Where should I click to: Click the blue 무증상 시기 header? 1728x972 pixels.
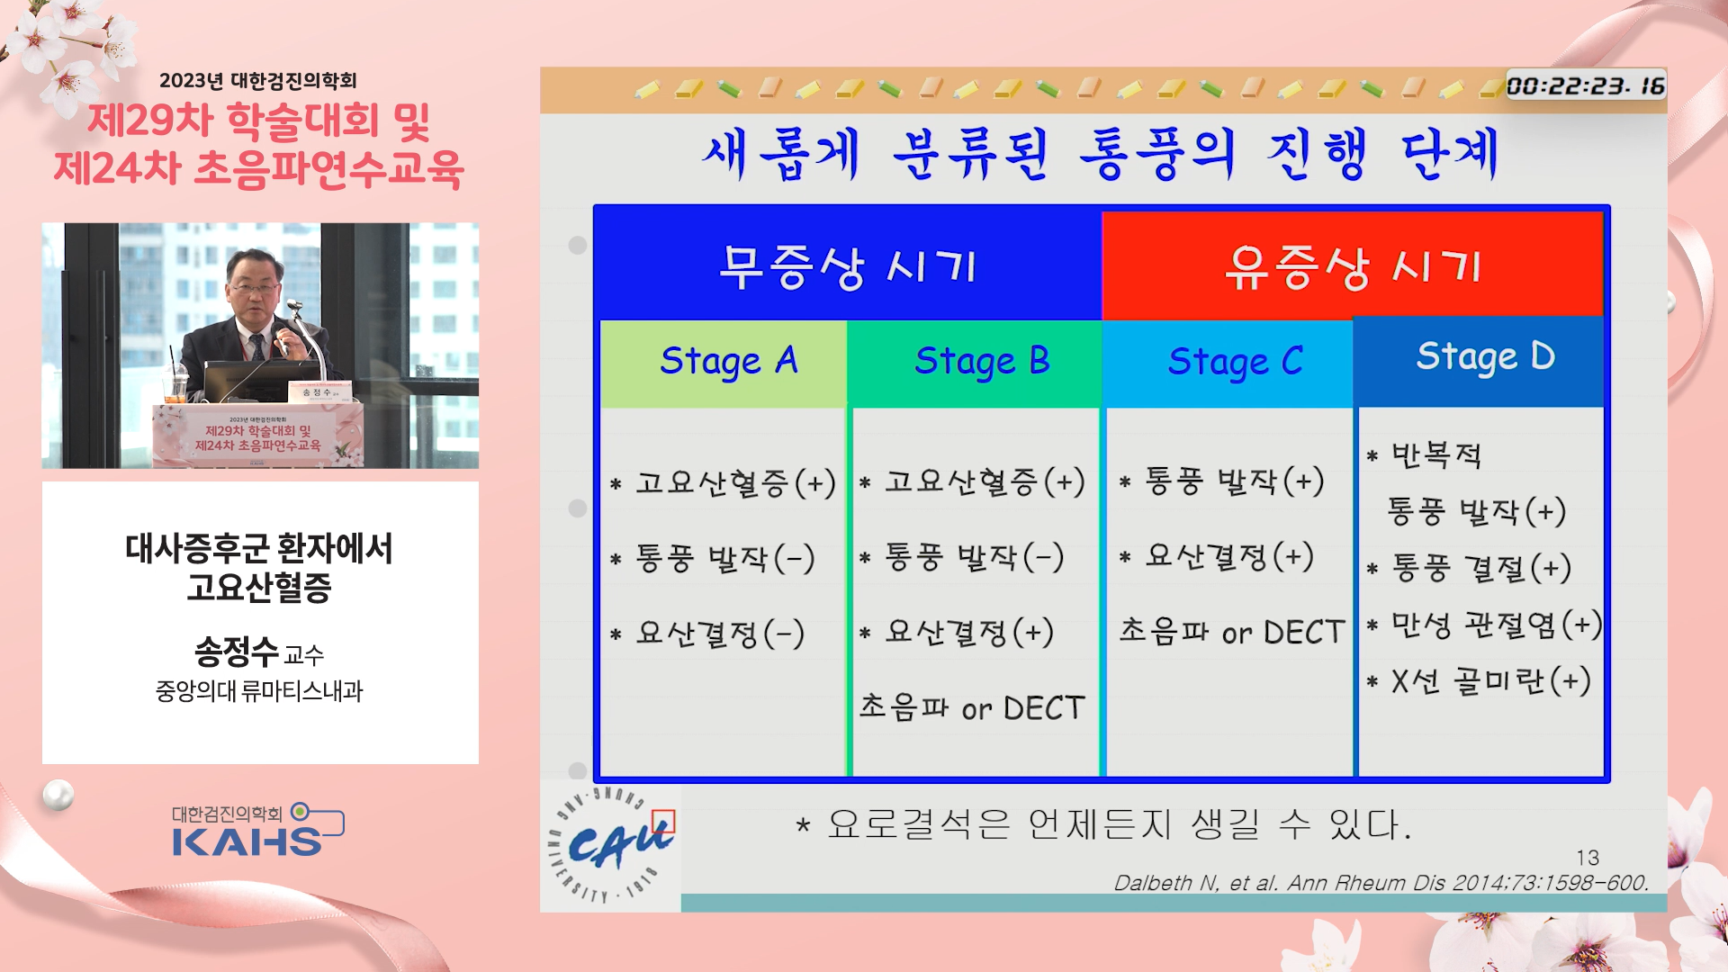(848, 265)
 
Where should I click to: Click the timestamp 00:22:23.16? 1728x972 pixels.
(1586, 85)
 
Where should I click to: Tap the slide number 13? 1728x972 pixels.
(1588, 858)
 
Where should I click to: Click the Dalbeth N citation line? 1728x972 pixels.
(1381, 883)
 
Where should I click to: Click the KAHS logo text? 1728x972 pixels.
(247, 842)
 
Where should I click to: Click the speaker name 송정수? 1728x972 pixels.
(237, 651)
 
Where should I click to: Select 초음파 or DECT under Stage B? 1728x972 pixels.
(972, 708)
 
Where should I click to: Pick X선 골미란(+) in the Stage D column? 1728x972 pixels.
(1490, 681)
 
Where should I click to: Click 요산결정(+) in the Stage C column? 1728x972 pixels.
(1229, 556)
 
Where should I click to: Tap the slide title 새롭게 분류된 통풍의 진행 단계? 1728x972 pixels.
(1100, 154)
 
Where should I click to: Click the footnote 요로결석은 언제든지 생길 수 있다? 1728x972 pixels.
(1119, 823)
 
